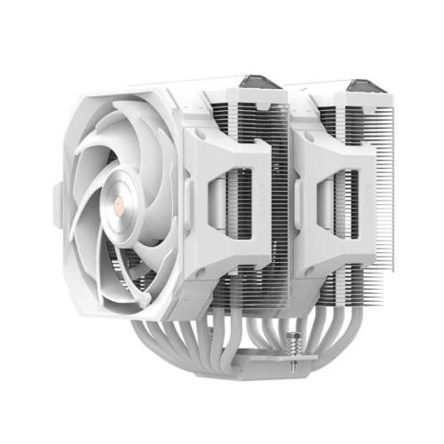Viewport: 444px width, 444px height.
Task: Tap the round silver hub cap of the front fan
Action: pos(118,210)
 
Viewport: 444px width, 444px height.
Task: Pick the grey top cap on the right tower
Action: pos(366,87)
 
